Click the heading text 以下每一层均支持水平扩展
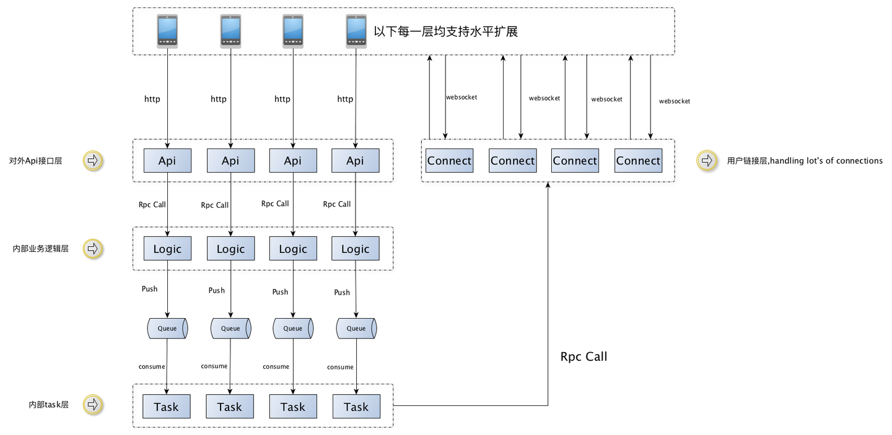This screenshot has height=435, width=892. [x=445, y=32]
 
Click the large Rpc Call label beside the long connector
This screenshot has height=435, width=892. [x=584, y=356]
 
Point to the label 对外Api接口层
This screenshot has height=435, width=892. [x=35, y=161]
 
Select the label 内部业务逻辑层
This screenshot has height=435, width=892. [x=40, y=249]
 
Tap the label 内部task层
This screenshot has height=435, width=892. [x=48, y=405]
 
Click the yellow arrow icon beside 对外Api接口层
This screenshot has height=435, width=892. [x=93, y=161]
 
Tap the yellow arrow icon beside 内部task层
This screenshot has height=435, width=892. [x=93, y=405]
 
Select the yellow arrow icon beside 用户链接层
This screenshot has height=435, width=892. [x=706, y=161]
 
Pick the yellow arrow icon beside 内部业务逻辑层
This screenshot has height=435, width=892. [x=93, y=249]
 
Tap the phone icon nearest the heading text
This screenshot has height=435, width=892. [x=356, y=31]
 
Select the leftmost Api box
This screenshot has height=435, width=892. [x=167, y=161]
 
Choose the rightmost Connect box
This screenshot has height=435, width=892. [x=638, y=161]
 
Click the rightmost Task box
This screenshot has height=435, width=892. [x=356, y=407]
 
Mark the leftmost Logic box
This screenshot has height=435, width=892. [x=167, y=249]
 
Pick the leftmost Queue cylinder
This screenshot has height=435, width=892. [x=167, y=329]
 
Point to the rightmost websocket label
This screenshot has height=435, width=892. [x=674, y=101]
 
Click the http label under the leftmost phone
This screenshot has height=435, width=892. [x=152, y=99]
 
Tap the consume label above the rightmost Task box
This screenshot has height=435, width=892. [x=340, y=367]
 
